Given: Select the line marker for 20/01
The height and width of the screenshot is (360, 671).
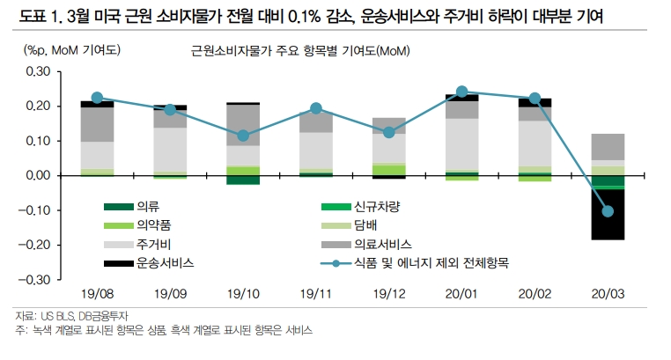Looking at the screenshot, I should [x=461, y=92].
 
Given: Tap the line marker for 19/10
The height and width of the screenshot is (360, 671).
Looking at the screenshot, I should [x=243, y=136].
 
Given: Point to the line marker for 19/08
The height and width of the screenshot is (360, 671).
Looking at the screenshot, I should [x=97, y=99].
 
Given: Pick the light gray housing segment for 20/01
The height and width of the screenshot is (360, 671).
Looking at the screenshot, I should [x=461, y=144].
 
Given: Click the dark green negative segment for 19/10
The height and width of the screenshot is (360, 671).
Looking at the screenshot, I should [x=243, y=180].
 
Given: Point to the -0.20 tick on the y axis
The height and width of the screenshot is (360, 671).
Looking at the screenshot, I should [x=37, y=245].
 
